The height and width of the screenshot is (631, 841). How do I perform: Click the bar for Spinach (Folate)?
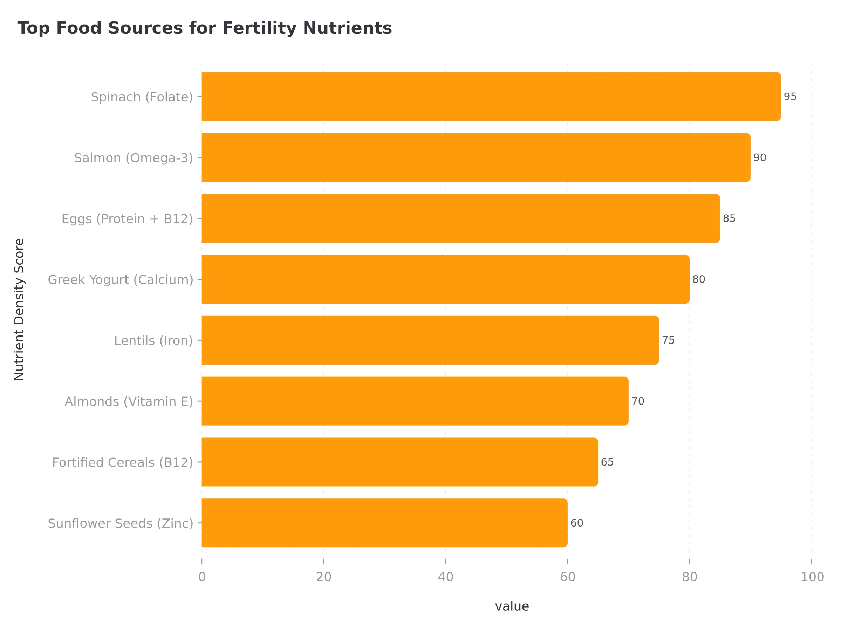coord(491,97)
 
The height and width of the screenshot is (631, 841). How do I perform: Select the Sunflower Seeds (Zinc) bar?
coord(384,523)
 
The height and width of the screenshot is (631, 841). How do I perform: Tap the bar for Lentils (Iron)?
coord(430,340)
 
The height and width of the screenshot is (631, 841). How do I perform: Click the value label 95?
coord(790,97)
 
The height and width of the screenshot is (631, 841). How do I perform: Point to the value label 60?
coord(577,523)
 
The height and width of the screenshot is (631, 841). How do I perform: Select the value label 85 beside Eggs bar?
coord(729,218)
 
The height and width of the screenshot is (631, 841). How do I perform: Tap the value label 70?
coord(638,401)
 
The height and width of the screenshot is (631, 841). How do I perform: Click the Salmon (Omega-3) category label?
coord(134,158)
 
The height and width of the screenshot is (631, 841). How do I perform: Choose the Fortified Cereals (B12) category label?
coord(122,462)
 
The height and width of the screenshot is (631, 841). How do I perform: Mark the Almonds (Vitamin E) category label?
coord(129,402)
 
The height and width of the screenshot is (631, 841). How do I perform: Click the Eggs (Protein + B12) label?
coord(127,219)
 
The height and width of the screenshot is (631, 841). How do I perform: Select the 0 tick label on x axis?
coord(202,577)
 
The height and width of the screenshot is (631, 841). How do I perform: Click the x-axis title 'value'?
coord(512,606)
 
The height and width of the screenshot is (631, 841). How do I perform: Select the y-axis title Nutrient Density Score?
coord(19,309)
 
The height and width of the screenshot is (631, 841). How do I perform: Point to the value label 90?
coord(760,157)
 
